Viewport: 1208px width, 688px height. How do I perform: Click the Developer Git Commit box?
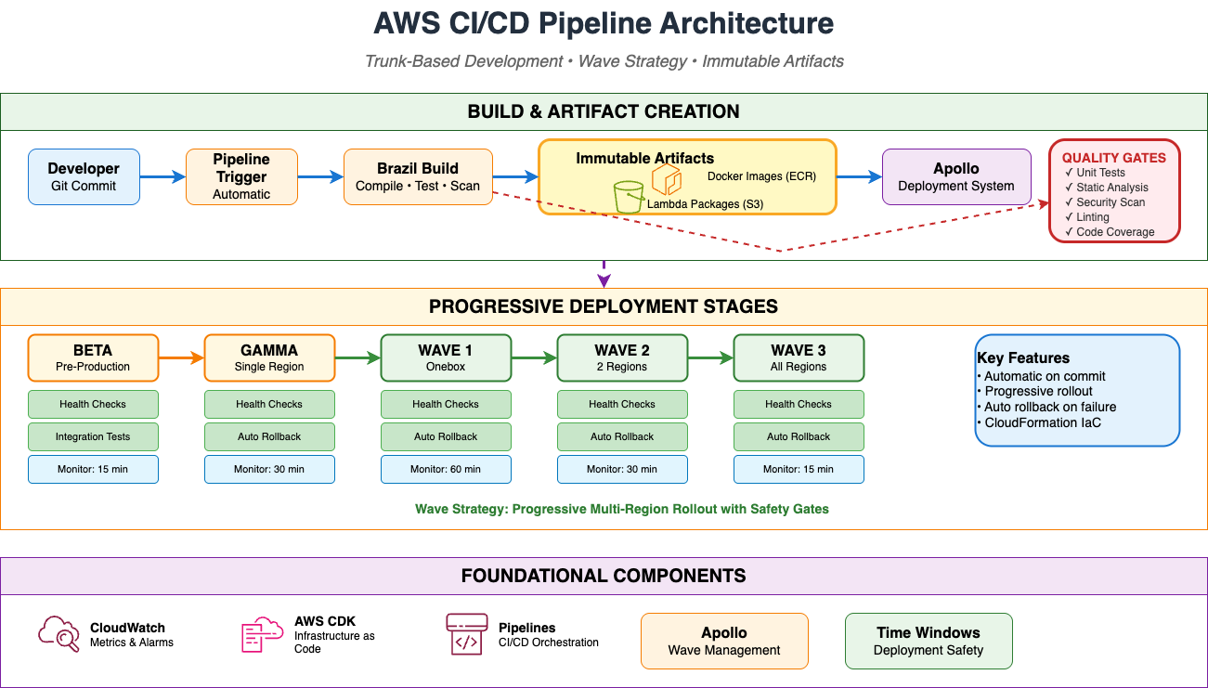[x=84, y=176]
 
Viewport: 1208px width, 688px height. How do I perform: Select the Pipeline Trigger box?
[x=241, y=176]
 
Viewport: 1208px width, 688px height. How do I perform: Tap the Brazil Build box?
[x=418, y=176]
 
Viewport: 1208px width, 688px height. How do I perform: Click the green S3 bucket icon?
[x=630, y=197]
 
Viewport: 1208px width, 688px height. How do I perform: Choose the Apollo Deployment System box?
[x=956, y=176]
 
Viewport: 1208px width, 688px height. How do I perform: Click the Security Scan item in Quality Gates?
[x=1111, y=202]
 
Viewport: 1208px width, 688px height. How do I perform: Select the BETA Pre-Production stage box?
[x=93, y=357]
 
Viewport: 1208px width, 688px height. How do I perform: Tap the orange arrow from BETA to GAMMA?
[x=181, y=357]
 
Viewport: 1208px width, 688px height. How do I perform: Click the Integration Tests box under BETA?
[x=93, y=436]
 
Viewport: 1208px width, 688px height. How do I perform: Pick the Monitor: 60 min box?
[x=446, y=469]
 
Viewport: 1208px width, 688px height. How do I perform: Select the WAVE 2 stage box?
[x=622, y=357]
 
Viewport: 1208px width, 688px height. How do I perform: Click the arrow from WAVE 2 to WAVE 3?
[x=710, y=357]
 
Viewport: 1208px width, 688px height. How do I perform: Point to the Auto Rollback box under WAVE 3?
[x=799, y=436]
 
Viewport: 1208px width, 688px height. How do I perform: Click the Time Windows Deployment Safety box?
[x=929, y=641]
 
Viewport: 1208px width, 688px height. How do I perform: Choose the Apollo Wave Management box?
[x=724, y=641]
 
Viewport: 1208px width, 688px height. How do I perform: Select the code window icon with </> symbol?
[x=466, y=634]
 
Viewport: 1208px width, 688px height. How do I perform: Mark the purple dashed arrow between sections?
[x=604, y=275]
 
